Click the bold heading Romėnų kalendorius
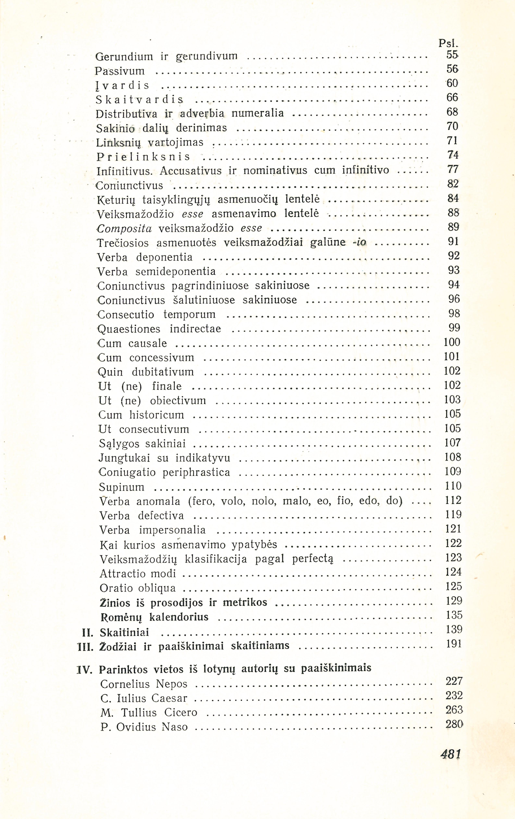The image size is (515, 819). pyautogui.click(x=155, y=617)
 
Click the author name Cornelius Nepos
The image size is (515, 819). pyautogui.click(x=144, y=684)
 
